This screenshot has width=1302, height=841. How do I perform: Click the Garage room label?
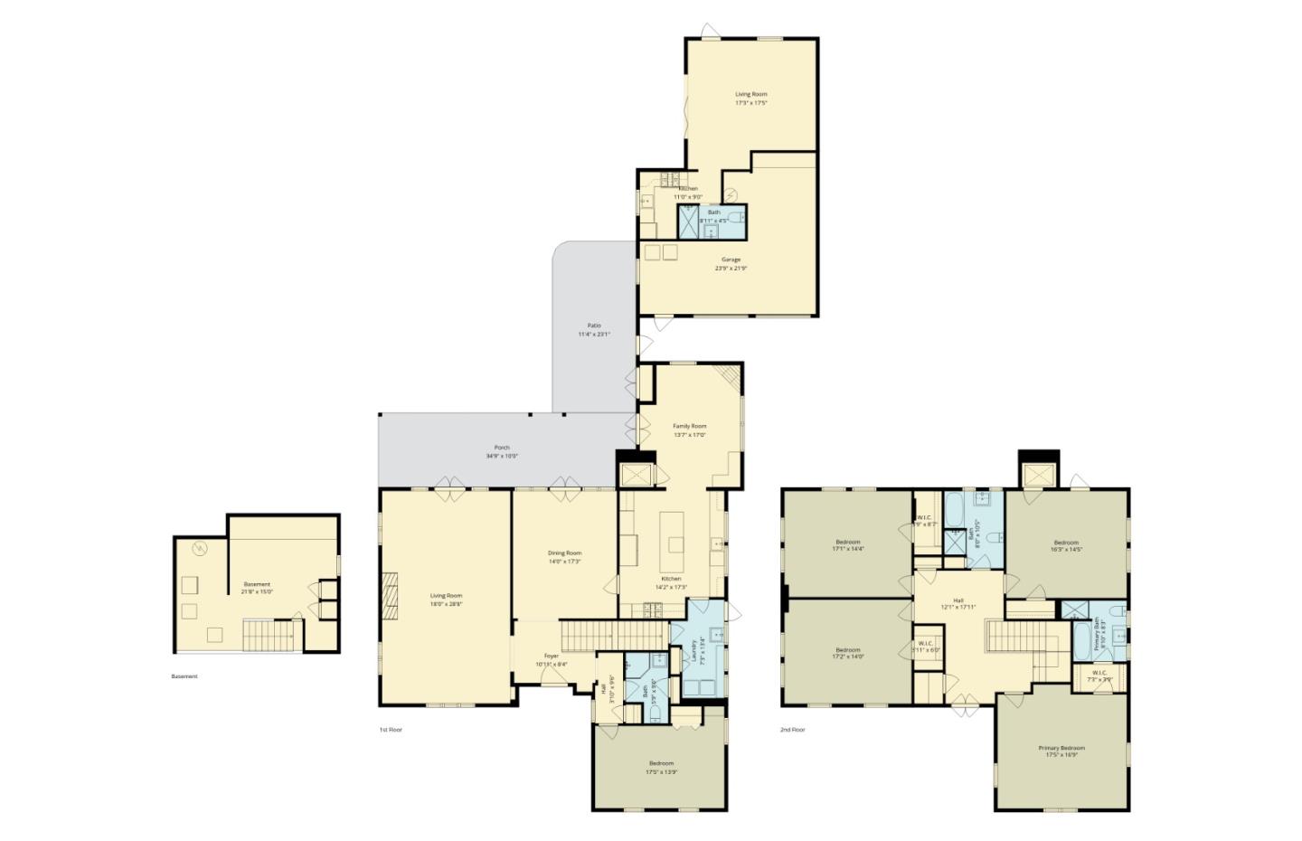tap(731, 260)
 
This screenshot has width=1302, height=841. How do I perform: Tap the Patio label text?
tap(594, 326)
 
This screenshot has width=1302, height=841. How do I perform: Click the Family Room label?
tap(689, 426)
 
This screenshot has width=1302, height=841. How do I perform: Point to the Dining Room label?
tap(564, 553)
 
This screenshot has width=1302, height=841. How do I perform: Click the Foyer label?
tap(551, 656)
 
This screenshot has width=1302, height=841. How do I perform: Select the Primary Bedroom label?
tap(1061, 748)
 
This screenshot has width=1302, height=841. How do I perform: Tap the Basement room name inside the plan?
tap(257, 584)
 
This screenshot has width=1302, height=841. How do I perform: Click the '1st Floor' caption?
tap(390, 729)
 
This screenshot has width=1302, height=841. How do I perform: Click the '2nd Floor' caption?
tap(792, 729)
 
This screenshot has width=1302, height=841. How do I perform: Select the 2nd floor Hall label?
tap(958, 600)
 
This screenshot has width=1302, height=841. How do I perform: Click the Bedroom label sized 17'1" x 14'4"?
tap(847, 542)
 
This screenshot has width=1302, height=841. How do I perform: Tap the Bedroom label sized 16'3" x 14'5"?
tap(1066, 543)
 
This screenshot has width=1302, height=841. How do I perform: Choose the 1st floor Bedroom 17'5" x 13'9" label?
tap(660, 763)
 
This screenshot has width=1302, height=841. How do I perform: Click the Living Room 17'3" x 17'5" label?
tap(750, 94)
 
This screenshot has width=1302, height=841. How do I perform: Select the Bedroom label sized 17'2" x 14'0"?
tap(847, 649)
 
